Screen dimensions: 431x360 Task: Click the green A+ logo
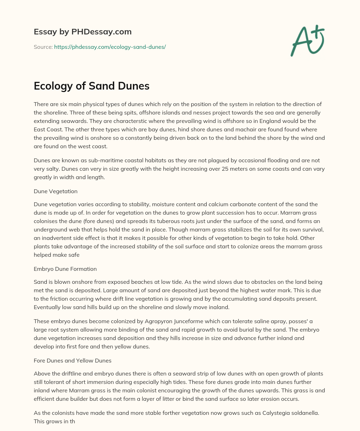(x=307, y=41)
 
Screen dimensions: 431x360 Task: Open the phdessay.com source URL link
(x=110, y=47)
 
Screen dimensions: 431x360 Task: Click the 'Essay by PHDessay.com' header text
(x=83, y=32)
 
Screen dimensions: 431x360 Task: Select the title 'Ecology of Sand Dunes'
(x=91, y=86)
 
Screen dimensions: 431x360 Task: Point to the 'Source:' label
(x=43, y=47)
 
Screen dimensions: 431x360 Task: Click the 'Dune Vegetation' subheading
(x=56, y=191)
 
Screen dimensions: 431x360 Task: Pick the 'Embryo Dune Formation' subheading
(x=65, y=269)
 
